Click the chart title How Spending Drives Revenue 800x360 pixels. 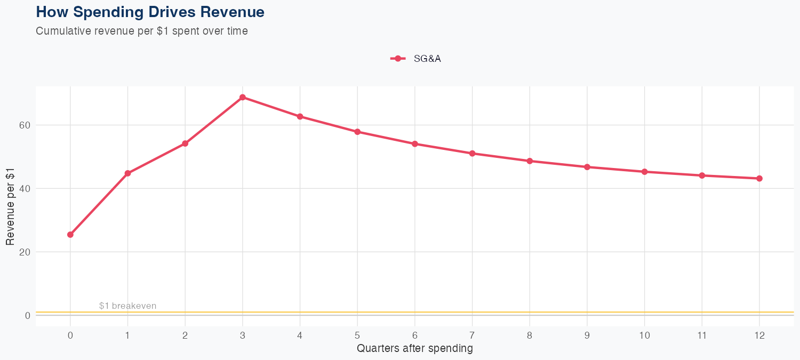(x=150, y=12)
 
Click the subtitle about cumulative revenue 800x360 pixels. (x=142, y=31)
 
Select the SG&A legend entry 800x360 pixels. (x=416, y=59)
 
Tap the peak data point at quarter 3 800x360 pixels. (x=243, y=97)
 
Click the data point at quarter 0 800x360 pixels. (x=70, y=235)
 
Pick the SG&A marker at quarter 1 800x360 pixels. (x=127, y=173)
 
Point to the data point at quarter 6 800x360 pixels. (x=415, y=144)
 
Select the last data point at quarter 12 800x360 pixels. (x=759, y=179)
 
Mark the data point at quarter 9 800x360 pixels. (x=587, y=167)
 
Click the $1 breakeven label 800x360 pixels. (x=127, y=306)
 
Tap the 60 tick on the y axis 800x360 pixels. (x=25, y=125)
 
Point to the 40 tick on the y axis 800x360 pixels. (x=25, y=189)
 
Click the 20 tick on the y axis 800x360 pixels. (x=25, y=252)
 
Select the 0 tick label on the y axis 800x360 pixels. (x=27, y=315)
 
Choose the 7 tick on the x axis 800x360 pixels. (x=472, y=335)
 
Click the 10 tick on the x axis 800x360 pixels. (x=644, y=335)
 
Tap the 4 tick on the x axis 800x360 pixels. (x=300, y=335)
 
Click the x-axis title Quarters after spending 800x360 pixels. (x=415, y=349)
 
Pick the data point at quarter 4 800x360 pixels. (x=300, y=116)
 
